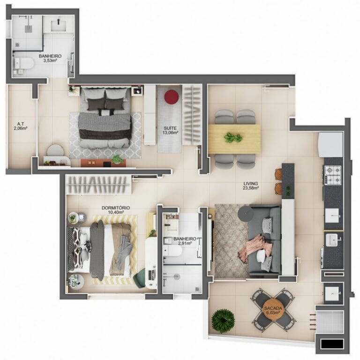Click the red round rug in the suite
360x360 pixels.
coord(172,97)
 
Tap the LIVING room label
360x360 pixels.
coord(251,183)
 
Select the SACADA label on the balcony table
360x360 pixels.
coord(273,308)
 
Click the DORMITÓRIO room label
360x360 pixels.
coord(116,208)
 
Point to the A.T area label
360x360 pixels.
coord(21,124)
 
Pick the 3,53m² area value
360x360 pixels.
coord(50,60)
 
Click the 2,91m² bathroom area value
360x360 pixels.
coord(185,243)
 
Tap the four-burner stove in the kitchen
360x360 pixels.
coord(332,175)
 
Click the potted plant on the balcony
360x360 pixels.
coord(223,321)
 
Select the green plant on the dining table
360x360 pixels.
coord(233,137)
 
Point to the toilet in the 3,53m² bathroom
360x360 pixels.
coord(23,64)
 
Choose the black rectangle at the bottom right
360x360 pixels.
coord(332,344)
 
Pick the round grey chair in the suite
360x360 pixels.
coord(55,150)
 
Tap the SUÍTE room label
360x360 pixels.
coord(170,128)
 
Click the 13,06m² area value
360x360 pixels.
coord(170,133)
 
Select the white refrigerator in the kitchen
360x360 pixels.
coord(330,145)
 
